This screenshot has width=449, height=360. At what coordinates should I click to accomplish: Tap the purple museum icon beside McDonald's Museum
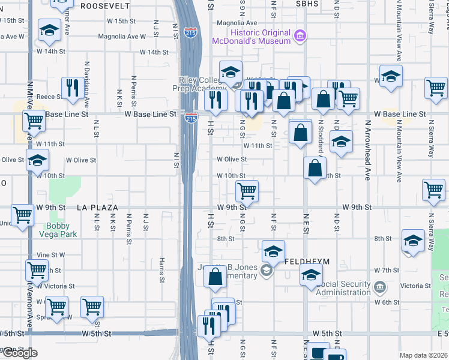[300, 37]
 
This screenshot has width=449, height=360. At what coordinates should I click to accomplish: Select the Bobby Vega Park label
[62, 230]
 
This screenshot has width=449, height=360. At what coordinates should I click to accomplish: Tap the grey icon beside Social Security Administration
[379, 287]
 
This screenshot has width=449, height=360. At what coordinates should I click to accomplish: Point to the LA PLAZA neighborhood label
[97, 207]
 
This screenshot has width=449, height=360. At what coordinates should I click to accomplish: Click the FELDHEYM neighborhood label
[305, 262]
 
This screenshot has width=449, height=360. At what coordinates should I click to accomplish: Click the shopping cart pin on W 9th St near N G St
[247, 191]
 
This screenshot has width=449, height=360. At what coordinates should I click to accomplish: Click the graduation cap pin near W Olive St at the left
[38, 160]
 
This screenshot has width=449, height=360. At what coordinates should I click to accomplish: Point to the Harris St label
[162, 270]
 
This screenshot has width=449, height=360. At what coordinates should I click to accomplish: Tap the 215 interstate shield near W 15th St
[191, 32]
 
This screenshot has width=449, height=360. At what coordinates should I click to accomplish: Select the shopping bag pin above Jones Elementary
[215, 277]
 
